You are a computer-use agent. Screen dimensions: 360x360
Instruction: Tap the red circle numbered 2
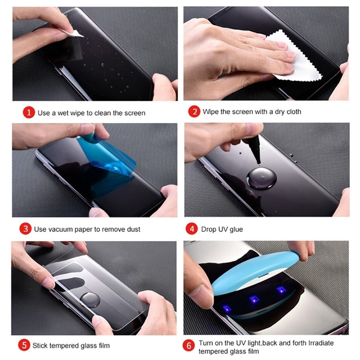click(194, 112)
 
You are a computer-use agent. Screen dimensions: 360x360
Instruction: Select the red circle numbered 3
click(25, 229)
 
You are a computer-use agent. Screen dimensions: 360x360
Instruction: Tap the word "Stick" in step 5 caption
click(42, 345)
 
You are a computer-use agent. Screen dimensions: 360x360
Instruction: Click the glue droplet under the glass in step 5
click(91, 300)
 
